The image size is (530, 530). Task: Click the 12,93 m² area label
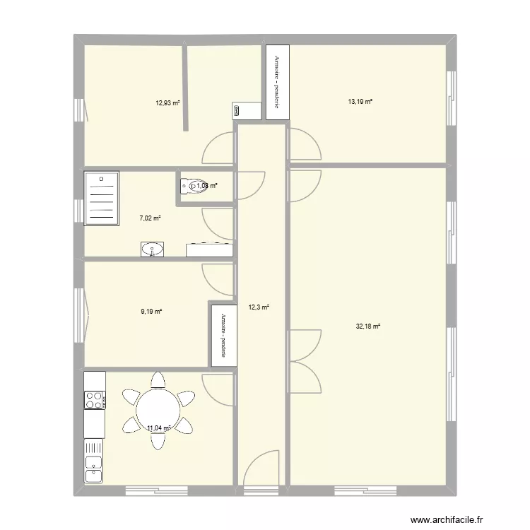pos(167,102)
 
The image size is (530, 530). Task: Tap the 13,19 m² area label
pos(360,102)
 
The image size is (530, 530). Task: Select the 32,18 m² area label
pos(368,326)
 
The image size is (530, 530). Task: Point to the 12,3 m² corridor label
pos(259,307)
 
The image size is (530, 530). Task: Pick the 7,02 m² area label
pos(150,218)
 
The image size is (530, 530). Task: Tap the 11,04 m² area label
pos(159,427)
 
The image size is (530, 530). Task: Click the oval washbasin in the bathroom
pos(152,249)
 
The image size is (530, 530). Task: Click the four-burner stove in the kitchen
pos(94,401)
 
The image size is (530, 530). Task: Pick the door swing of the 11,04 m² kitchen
pos(218,388)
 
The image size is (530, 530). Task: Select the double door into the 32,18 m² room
pos(304,360)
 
